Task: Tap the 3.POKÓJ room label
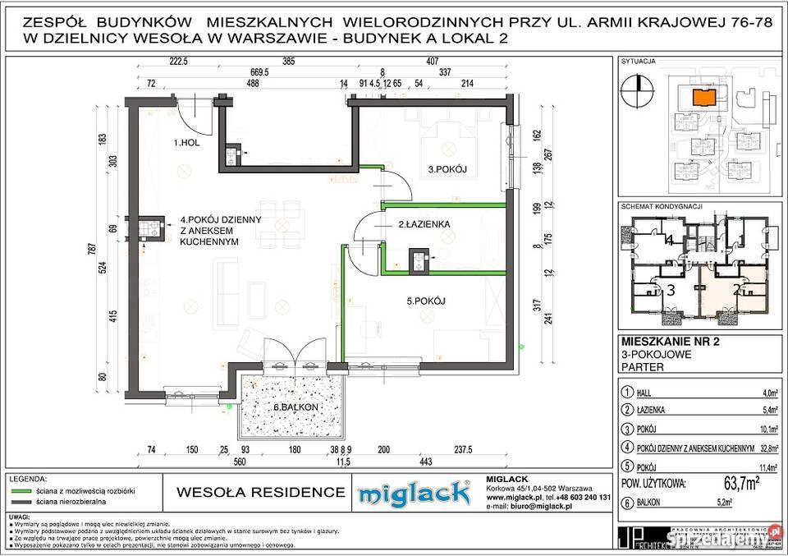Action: (x=447, y=169)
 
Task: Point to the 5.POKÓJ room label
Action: (x=425, y=301)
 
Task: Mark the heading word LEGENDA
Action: (x=28, y=478)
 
